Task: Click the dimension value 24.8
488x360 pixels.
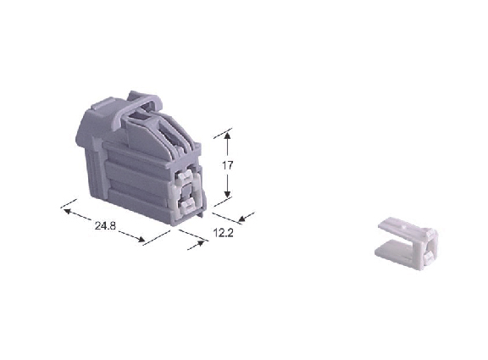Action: tap(105, 225)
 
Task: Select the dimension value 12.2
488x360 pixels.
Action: tap(223, 232)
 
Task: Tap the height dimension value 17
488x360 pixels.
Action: tap(228, 165)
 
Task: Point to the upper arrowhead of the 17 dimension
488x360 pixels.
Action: tap(228, 136)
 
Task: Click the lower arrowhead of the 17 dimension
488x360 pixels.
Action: tap(228, 193)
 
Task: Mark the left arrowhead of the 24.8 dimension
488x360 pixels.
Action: tap(68, 211)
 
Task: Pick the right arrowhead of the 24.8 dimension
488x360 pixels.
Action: tap(141, 239)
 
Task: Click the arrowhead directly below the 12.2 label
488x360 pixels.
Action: tap(200, 243)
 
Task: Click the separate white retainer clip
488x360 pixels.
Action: tap(408, 244)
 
